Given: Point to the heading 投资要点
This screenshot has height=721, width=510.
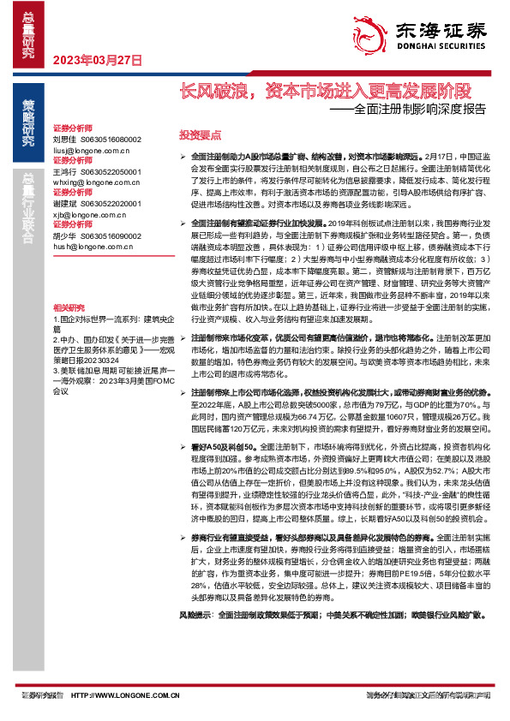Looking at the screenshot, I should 199,135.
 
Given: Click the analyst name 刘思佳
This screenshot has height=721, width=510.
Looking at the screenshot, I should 65,138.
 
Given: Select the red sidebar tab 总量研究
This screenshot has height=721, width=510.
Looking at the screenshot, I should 28,33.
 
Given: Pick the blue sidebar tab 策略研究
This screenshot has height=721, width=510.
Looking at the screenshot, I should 28,122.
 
